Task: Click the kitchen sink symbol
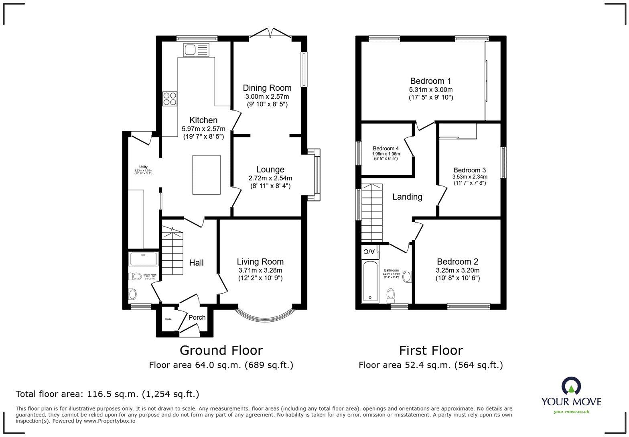(196, 50)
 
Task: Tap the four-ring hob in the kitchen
(170, 98)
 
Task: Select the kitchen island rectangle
(206, 175)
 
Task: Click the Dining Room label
(267, 88)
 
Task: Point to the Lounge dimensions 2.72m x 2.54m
(270, 178)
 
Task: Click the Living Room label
(260, 261)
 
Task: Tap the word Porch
(197, 317)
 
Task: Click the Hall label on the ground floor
(196, 263)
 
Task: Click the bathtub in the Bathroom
(369, 281)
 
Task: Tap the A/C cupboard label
(369, 252)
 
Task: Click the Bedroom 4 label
(386, 148)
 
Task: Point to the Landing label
(407, 197)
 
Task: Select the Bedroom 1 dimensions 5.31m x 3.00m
(431, 90)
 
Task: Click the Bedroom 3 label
(470, 170)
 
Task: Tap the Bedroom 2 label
(457, 261)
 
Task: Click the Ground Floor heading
(221, 350)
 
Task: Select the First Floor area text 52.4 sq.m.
(430, 365)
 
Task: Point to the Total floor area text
(107, 394)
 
